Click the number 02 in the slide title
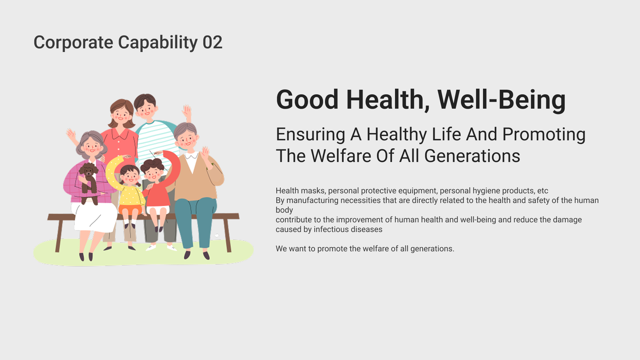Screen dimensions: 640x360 212,43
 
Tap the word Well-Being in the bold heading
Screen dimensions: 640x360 501,99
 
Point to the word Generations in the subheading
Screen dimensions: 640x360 472,156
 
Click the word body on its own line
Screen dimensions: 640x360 284,210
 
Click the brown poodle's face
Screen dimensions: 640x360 88,171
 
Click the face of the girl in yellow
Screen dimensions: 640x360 130,176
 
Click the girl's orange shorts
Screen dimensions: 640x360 130,210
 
